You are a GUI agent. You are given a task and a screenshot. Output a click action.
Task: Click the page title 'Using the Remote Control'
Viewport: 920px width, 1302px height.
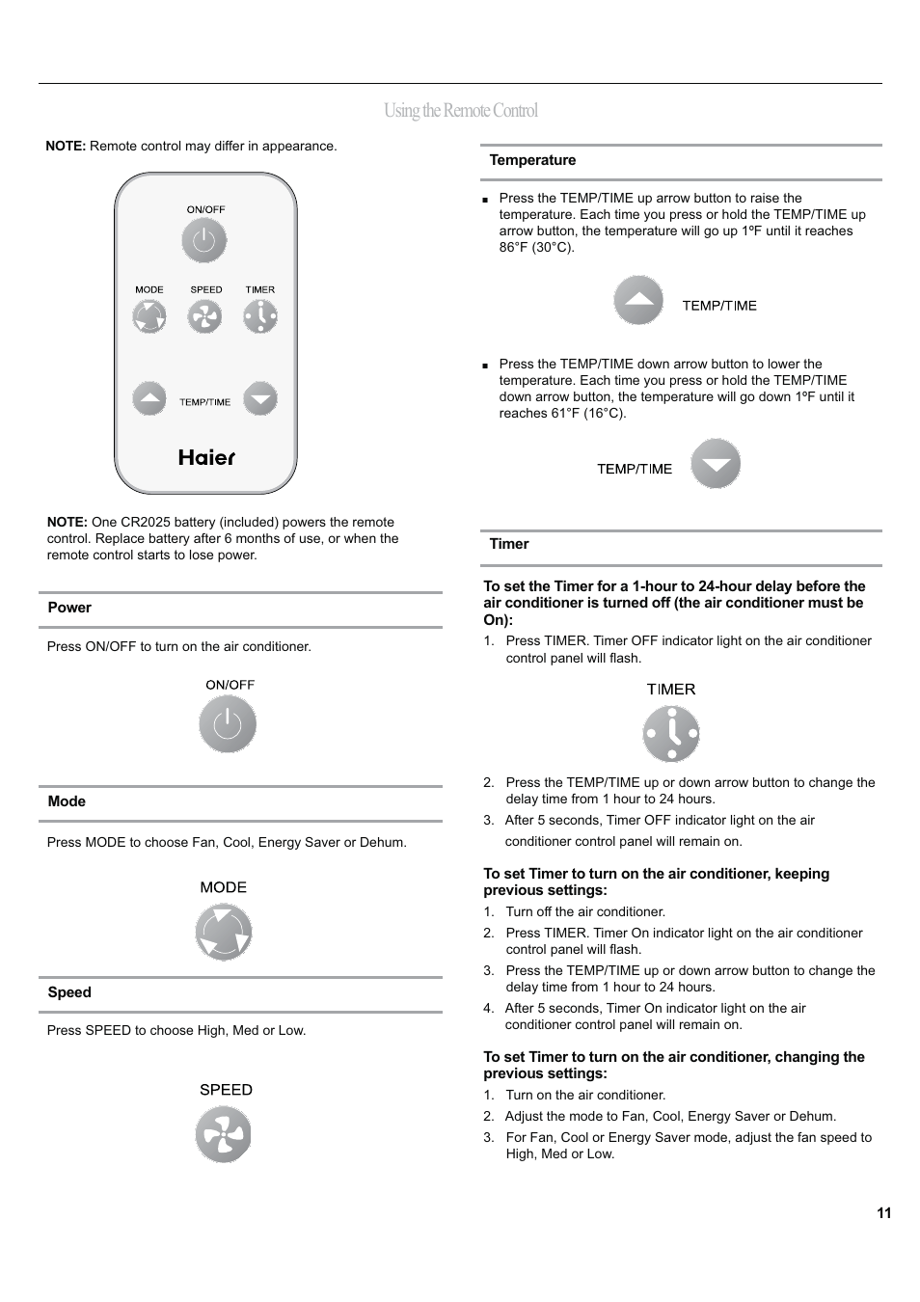click(460, 111)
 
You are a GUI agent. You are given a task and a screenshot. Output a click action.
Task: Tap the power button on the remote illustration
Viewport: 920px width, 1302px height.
click(204, 241)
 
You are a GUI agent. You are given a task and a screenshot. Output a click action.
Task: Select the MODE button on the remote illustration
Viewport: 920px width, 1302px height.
click(149, 316)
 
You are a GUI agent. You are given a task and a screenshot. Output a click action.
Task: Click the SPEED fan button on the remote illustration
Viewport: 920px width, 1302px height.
click(204, 316)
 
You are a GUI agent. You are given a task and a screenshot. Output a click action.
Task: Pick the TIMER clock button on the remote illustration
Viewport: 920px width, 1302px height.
click(260, 316)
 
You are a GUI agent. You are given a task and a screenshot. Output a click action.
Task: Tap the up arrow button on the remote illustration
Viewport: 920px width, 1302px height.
click(149, 398)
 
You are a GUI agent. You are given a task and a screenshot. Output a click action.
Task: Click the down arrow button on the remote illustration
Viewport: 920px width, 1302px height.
click(260, 398)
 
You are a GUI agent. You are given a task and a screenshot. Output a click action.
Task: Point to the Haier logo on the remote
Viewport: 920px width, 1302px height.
click(206, 457)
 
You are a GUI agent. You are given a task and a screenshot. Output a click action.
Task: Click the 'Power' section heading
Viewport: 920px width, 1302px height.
click(69, 608)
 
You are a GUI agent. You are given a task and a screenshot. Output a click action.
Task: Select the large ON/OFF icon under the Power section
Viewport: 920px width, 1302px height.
click(228, 724)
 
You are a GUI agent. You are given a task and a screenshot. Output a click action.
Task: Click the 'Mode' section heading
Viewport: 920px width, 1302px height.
click(67, 801)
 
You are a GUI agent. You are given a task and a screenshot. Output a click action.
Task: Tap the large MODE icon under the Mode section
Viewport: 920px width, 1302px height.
click(224, 933)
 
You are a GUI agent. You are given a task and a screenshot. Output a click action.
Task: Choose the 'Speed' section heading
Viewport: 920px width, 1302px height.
click(69, 992)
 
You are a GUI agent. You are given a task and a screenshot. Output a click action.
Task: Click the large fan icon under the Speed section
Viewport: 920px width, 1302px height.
click(224, 1134)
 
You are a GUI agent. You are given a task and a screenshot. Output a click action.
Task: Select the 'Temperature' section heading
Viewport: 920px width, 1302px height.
click(532, 160)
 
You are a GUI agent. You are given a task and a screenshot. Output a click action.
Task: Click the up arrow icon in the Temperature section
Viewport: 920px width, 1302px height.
click(638, 301)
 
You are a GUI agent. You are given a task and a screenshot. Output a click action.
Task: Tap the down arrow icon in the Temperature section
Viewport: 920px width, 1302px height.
click(716, 464)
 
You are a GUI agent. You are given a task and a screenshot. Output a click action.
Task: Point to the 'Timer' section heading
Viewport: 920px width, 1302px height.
click(509, 544)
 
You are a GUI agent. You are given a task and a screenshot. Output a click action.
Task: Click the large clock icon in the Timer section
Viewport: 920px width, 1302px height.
click(671, 734)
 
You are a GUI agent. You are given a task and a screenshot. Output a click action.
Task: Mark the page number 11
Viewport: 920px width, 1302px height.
click(884, 1213)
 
